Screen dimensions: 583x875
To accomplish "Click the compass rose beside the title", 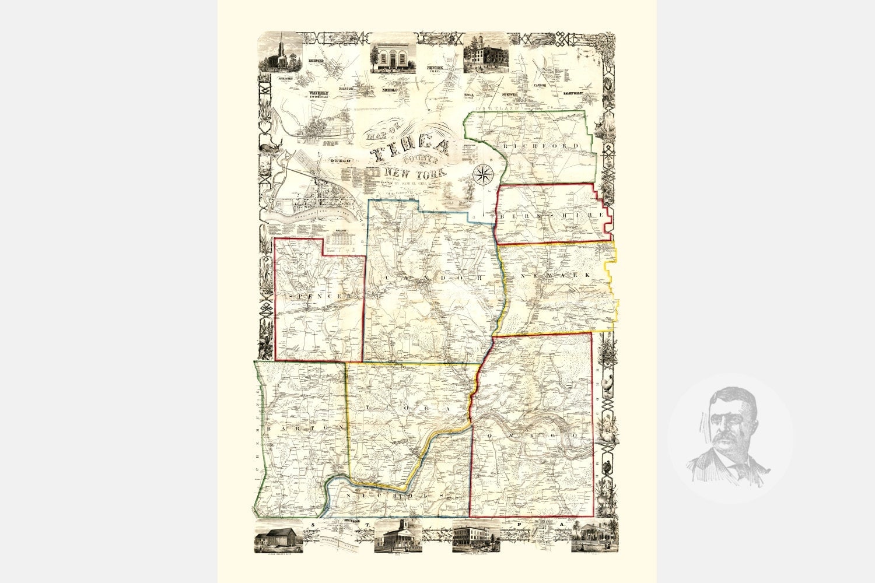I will tap(483, 174).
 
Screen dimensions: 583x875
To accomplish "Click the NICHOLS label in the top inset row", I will tap(389, 91).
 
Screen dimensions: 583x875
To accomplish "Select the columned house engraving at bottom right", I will tap(594, 536).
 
